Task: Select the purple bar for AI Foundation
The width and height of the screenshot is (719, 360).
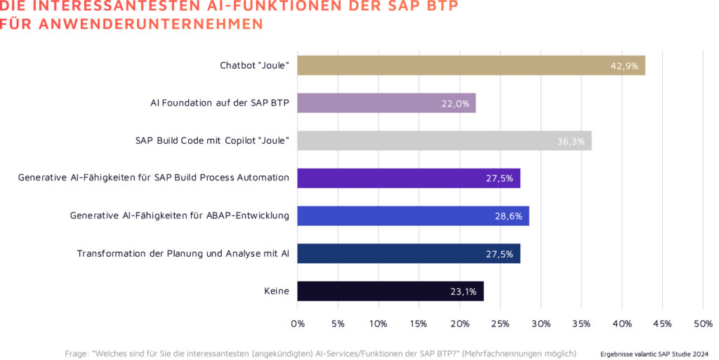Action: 386,103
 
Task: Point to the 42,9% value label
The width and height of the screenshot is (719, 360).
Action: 624,66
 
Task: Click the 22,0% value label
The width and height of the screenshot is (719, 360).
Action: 455,104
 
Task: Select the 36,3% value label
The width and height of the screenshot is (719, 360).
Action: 571,141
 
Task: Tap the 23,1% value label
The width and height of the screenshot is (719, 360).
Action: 463,291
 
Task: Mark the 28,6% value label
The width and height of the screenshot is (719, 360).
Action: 508,216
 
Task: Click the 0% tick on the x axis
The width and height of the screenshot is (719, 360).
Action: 298,324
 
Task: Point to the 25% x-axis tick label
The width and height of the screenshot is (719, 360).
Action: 500,324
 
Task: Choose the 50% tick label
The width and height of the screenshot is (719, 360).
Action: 703,324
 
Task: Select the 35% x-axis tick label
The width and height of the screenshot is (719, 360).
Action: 581,324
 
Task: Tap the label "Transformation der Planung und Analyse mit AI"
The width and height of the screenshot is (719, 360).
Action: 183,253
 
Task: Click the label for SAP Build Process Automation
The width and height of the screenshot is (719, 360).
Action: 153,178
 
